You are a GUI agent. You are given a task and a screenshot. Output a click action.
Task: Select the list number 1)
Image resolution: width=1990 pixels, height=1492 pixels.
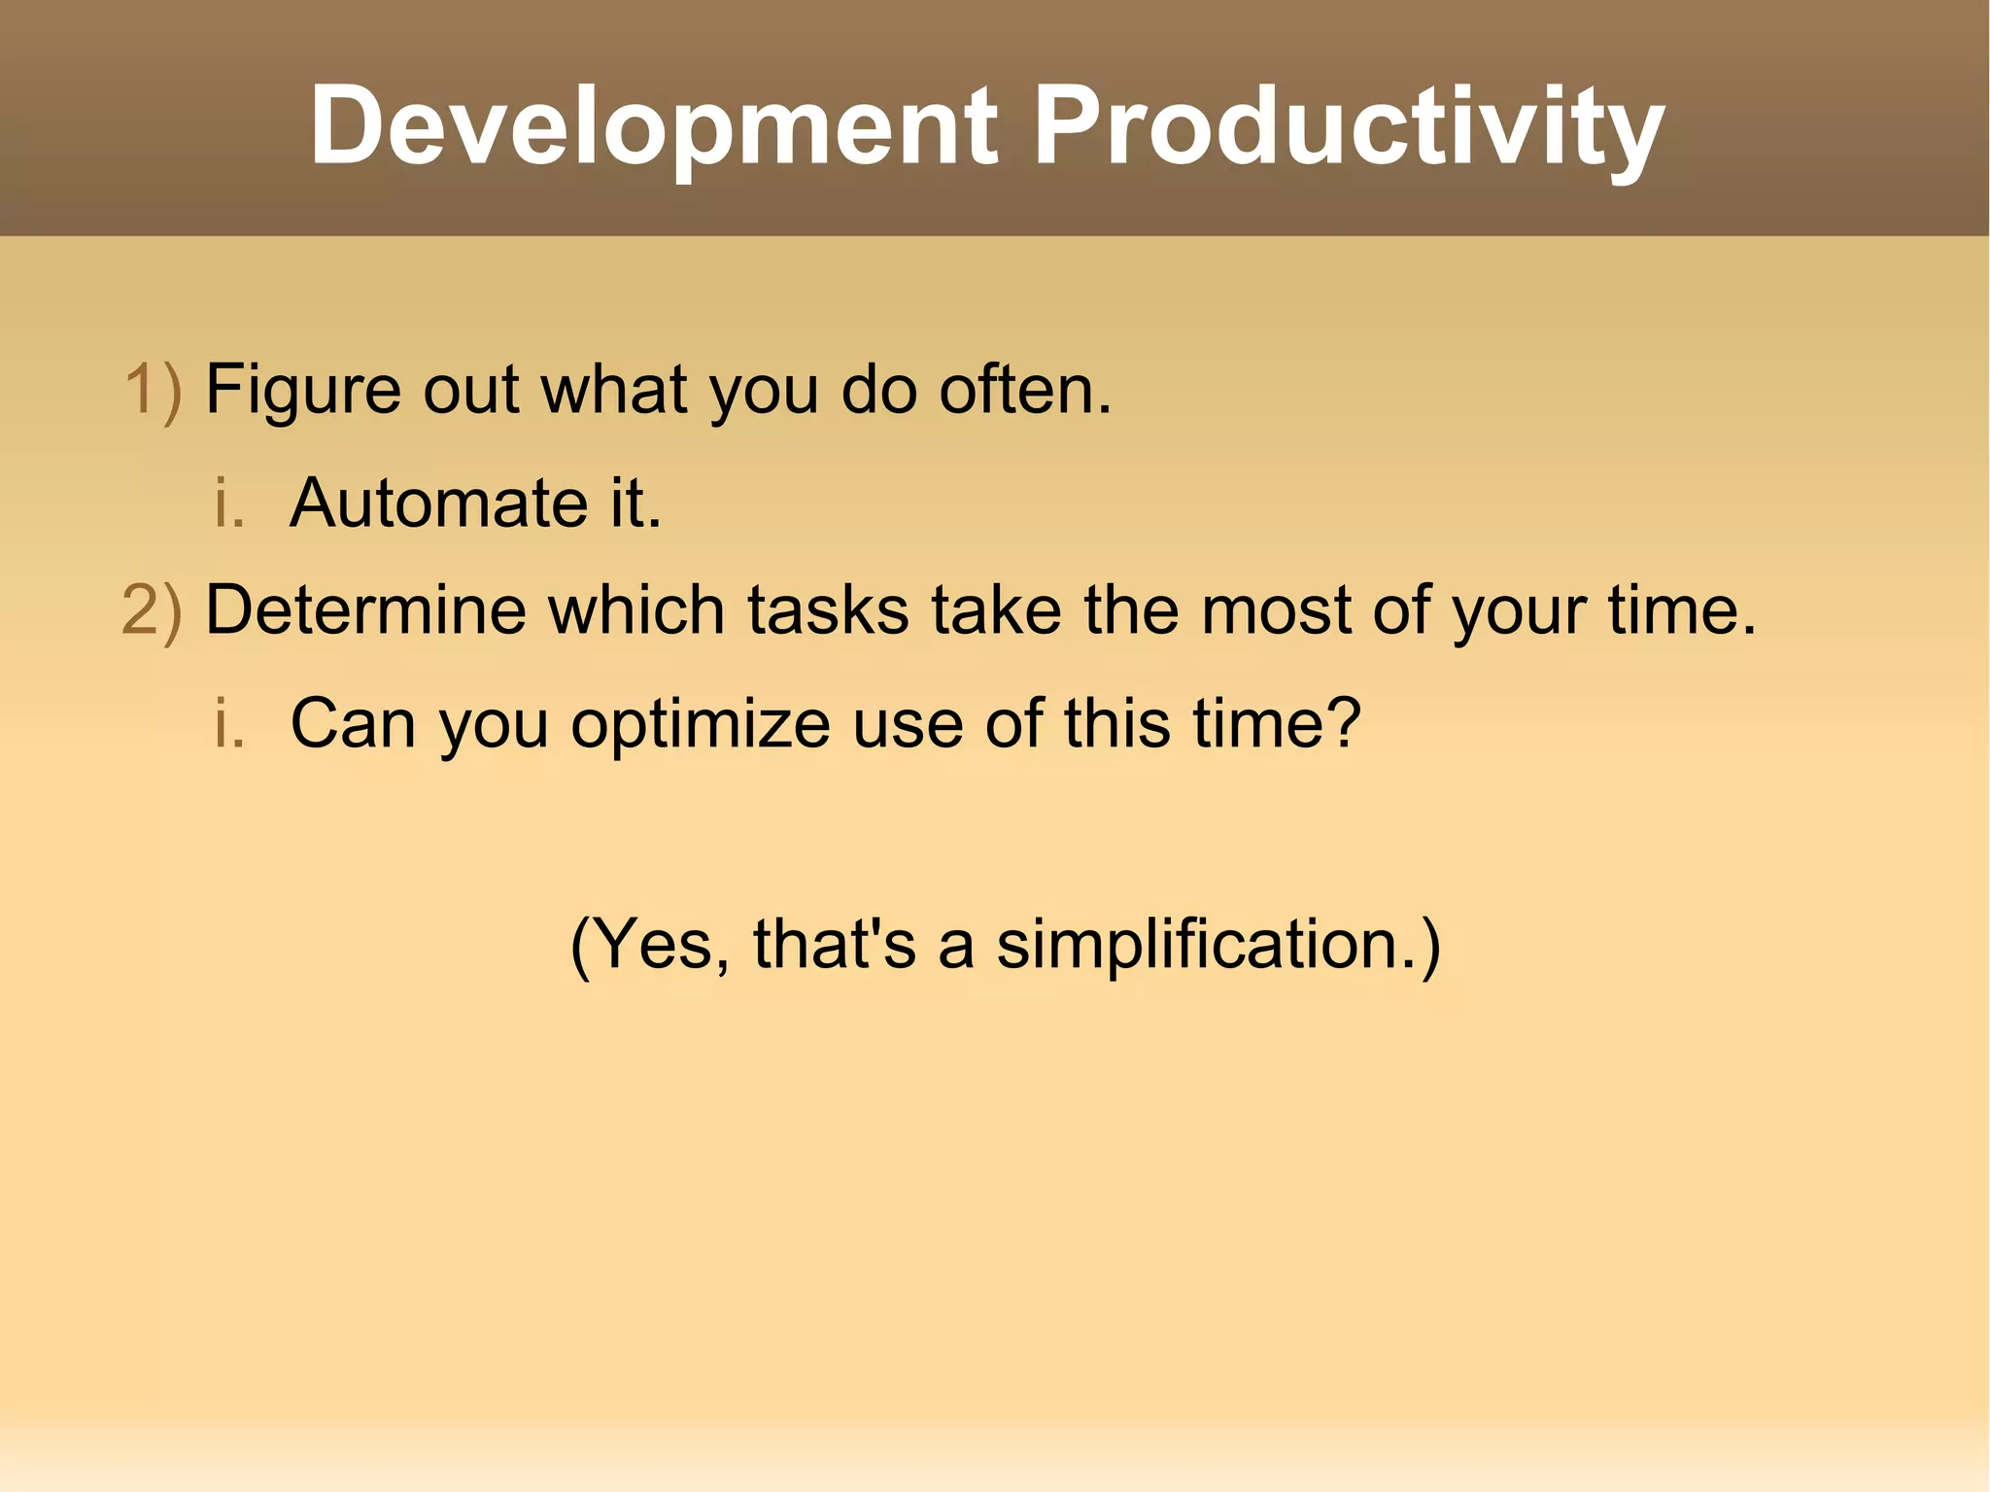point(154,390)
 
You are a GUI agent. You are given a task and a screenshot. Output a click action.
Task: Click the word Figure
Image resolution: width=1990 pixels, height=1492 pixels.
point(302,390)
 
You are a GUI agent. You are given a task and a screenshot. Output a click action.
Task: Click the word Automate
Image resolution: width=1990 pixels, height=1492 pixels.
point(438,503)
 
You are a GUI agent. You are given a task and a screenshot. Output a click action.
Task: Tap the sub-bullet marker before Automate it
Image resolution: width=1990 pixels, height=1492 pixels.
point(229,503)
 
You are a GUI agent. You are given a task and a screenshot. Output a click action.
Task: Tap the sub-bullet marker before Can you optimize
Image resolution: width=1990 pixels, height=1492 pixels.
point(229,723)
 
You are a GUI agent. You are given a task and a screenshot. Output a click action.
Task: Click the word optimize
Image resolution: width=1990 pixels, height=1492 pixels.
point(700,725)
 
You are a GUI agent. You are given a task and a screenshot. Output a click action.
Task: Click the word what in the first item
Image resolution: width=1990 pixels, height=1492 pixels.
point(614,390)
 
